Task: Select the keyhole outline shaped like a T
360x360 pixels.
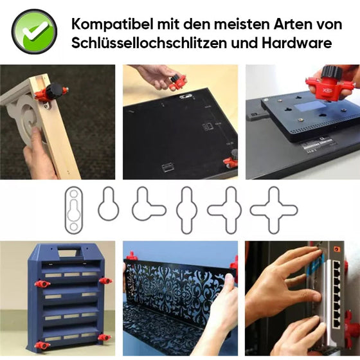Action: tap(148, 206)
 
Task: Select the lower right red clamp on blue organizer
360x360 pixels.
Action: tap(102, 337)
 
